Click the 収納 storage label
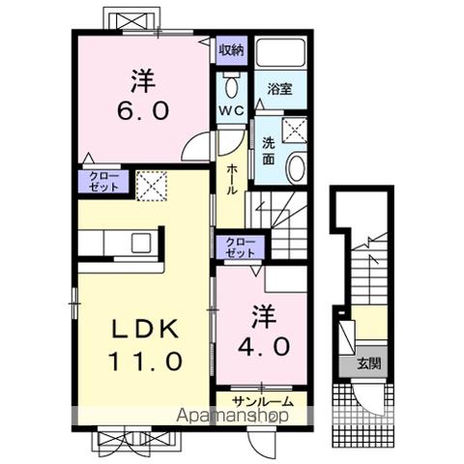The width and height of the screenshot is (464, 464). point(232,50)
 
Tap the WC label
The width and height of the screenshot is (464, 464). point(231,110)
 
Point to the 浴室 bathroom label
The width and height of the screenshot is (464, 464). point(279,88)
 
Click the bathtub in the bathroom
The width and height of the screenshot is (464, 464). point(281,52)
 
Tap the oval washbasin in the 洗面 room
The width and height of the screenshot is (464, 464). point(297,167)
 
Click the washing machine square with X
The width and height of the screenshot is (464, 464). point(294,130)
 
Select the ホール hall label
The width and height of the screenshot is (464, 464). point(231,180)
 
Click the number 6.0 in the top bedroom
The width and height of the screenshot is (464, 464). point(143,111)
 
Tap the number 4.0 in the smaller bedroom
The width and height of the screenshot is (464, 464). point(264,346)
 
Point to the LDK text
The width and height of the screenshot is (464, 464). point(145,329)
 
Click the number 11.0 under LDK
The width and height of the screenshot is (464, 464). point(146,361)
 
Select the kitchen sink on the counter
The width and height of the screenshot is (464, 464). point(141,243)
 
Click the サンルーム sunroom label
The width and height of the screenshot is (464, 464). point(263,401)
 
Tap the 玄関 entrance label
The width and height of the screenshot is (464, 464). point(368,363)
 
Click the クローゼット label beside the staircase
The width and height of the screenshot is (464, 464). point(241,246)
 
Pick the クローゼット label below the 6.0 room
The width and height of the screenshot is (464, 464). point(103,182)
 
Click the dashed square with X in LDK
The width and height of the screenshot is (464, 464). point(152,186)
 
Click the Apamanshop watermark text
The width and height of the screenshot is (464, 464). point(232,416)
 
